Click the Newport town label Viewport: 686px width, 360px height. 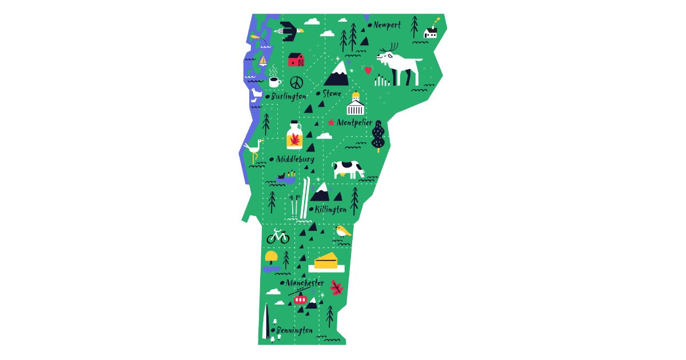pos(387,25)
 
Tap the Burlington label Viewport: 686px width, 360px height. pos(289,97)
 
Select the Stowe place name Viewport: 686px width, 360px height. pos(332,93)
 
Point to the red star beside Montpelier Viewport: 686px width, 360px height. pos(331,122)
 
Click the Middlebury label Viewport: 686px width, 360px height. pos(295,159)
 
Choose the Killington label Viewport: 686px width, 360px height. pos(330,209)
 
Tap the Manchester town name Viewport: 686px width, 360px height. pos(305,283)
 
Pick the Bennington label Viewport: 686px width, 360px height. pos(294,330)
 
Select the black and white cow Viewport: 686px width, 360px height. pos(348,169)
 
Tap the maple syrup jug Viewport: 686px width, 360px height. pos(294,136)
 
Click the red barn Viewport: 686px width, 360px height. pos(296,59)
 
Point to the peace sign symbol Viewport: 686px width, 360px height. pos(296,82)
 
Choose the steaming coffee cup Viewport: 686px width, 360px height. pos(274,81)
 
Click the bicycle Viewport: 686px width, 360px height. pos(278,235)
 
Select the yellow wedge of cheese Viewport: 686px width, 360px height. pos(326,262)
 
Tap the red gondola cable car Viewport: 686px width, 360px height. pos(301,299)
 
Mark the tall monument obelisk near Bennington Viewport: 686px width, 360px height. pos(265,321)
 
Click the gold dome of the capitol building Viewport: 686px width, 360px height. pos(356,95)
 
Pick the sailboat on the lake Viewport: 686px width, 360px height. pos(262,60)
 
